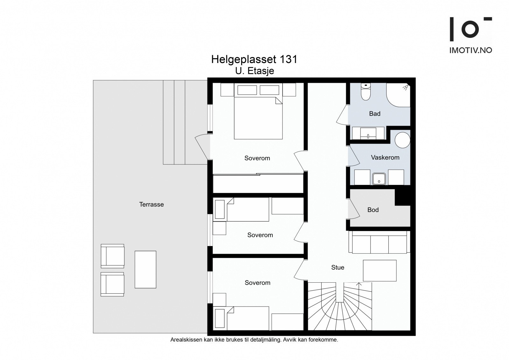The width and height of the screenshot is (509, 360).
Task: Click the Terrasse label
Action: [x=151, y=204]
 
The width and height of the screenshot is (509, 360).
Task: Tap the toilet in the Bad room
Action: [x=366, y=92]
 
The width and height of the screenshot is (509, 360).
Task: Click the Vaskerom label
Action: [x=385, y=157]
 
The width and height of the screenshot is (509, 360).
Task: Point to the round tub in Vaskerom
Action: [x=402, y=140]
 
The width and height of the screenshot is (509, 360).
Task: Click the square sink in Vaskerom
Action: [x=379, y=179]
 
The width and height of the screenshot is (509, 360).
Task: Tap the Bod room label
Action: [x=373, y=210]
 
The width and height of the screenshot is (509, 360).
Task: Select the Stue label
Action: [x=338, y=267]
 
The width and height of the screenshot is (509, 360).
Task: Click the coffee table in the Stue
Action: [x=380, y=271]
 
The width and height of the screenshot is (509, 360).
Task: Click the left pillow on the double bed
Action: [x=247, y=90]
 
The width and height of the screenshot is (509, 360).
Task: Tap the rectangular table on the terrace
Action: [x=145, y=270]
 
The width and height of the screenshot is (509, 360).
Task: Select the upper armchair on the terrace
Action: [x=113, y=256]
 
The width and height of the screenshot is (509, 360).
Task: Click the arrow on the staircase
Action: [x=359, y=286]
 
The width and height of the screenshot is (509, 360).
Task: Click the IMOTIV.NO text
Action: [x=471, y=50]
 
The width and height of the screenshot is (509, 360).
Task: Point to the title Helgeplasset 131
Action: [x=254, y=60]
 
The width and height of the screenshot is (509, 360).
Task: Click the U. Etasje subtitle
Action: [x=254, y=71]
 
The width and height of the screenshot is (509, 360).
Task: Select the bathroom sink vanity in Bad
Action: [x=368, y=133]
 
